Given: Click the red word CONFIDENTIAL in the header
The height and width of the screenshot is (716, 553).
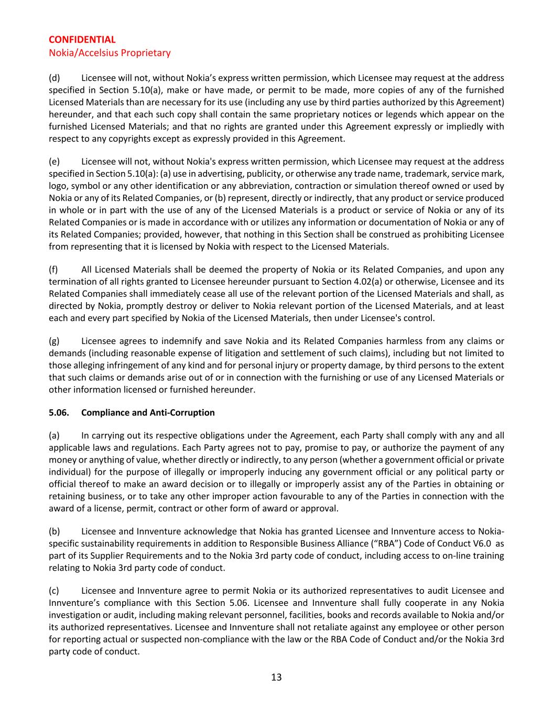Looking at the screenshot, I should (82, 40).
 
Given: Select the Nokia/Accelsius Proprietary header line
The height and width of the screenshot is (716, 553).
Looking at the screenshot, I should (110, 53).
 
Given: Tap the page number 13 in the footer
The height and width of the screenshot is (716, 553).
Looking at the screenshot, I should (276, 677).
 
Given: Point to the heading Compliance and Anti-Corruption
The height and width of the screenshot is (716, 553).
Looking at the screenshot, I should (148, 413).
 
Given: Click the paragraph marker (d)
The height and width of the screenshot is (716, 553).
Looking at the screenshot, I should (54, 78).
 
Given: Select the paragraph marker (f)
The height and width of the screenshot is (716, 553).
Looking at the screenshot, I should (53, 270).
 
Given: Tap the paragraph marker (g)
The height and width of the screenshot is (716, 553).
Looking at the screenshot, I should (54, 341).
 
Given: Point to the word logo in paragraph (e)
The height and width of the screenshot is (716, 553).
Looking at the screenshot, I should (58, 186).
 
